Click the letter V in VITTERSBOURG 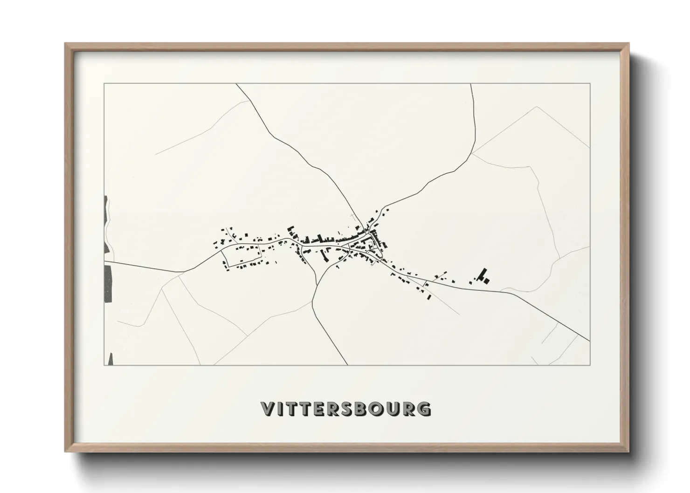click(x=269, y=409)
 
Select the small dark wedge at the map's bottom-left click(x=110, y=359)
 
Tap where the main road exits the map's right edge click(x=589, y=341)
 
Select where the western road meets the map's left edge click(x=104, y=262)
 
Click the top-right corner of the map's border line click(x=590, y=83)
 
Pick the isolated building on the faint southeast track click(x=429, y=297)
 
